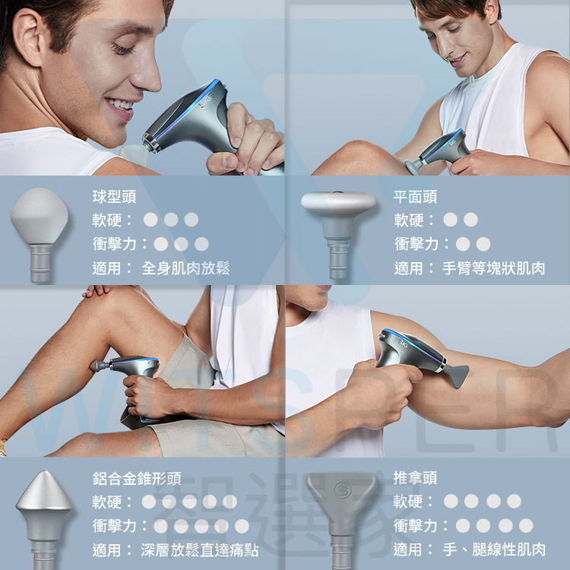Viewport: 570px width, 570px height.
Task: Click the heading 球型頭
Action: coord(114,197)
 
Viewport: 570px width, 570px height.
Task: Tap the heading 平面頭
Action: coord(415,197)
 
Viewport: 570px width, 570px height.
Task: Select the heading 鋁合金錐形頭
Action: coord(137,478)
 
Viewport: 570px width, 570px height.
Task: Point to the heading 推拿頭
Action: coord(415,478)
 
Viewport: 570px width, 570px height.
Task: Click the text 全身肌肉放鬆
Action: coord(185,268)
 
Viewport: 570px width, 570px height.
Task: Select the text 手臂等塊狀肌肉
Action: coord(494,268)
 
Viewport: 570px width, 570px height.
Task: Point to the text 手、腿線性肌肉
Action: coord(494,549)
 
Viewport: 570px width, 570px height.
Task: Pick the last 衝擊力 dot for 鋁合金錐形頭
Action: coord(242,526)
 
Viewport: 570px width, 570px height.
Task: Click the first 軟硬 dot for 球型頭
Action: coord(150,220)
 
